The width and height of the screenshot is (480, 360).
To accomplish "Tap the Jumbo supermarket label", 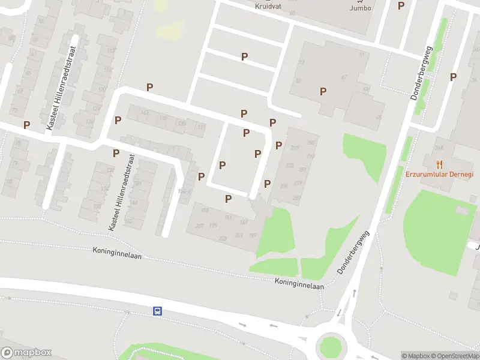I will [360, 8].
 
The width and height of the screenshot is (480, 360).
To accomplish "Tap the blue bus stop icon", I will [157, 311].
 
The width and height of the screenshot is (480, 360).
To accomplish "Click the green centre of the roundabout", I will [329, 347].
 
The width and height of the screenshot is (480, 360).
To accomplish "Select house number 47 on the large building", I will [344, 77].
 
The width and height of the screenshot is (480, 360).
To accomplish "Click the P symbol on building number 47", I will [323, 91].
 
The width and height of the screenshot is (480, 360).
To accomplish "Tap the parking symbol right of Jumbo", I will [401, 5].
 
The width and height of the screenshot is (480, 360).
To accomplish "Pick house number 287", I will [296, 197].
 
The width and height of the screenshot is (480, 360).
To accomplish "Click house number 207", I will [200, 226].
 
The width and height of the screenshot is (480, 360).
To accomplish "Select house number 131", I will [201, 128].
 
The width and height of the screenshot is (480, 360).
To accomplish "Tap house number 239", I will [295, 148].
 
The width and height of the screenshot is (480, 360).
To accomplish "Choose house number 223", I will [223, 238].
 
